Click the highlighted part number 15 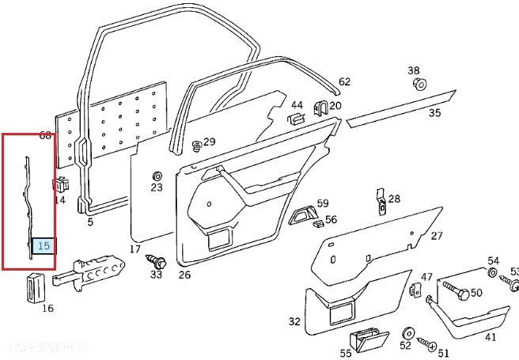(x=44, y=246)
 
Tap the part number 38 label (x=414, y=70)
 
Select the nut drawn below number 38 (x=420, y=85)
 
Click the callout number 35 (x=434, y=113)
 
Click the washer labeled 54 (x=492, y=274)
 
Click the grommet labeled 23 (x=157, y=175)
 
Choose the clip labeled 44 (x=294, y=119)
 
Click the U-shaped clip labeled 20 (x=320, y=108)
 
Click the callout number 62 (x=344, y=81)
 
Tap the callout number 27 (x=437, y=236)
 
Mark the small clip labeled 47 (x=415, y=290)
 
